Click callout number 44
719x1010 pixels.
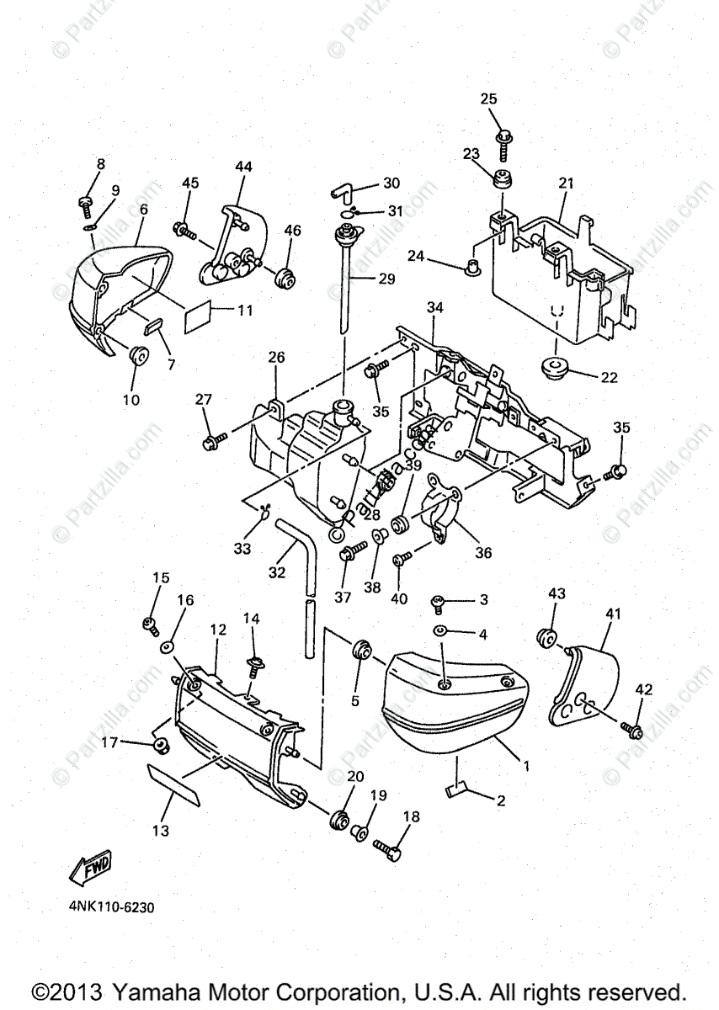pyautogui.click(x=243, y=167)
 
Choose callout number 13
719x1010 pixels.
pyautogui.click(x=160, y=830)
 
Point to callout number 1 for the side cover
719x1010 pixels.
pyautogui.click(x=526, y=766)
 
